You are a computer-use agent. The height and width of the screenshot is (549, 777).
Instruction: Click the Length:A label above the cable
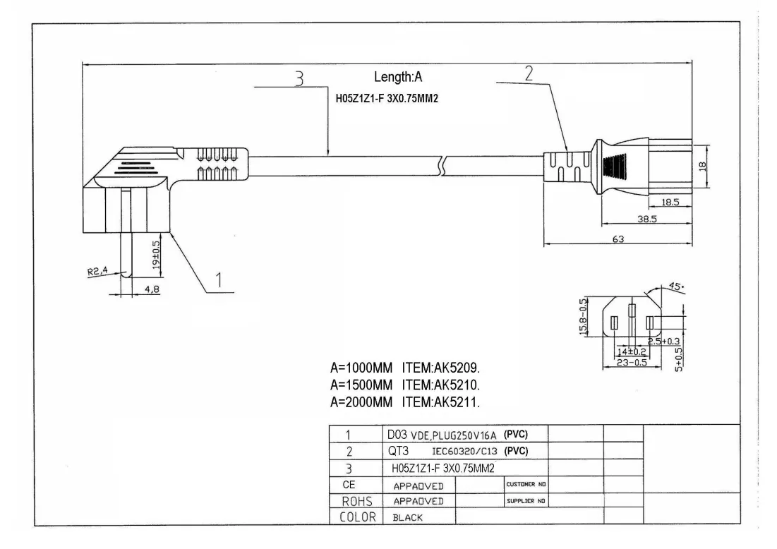398,77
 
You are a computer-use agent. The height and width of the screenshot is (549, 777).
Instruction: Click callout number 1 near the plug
219,280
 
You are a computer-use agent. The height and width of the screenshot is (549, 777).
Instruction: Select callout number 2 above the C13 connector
529,73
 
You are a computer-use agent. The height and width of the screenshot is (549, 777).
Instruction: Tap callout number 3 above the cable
299,78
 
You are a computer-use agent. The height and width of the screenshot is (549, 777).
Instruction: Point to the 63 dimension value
618,239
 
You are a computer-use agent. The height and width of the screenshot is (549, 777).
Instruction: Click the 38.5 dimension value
646,219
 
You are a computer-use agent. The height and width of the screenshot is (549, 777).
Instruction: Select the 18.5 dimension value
670,202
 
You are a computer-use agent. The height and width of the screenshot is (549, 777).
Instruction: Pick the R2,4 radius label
97,271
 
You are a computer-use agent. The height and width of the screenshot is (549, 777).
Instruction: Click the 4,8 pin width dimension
152,289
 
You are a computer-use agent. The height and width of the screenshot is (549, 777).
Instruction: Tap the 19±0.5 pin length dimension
156,255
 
